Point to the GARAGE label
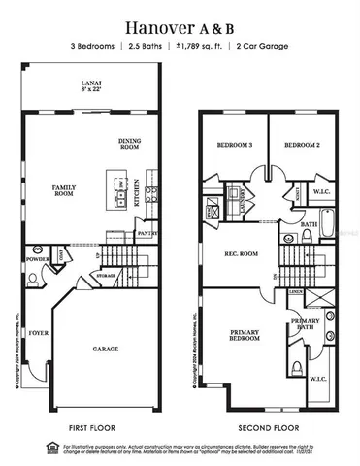pyautogui.click(x=106, y=349)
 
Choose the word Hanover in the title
pyautogui.click(x=151, y=22)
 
